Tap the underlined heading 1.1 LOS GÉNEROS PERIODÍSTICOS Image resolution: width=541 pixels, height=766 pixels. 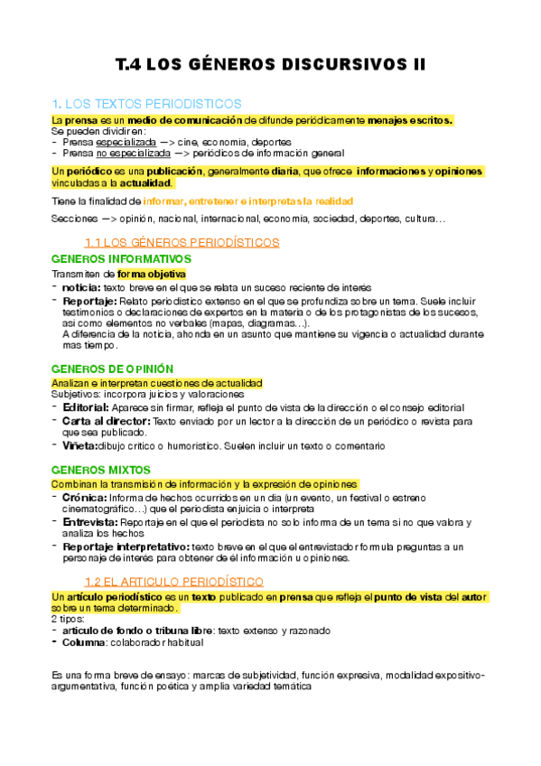181,242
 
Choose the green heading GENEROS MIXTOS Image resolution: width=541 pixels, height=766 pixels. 100,470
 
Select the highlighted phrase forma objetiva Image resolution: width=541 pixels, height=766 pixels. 151,273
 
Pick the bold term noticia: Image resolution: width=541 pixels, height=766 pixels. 81,286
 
